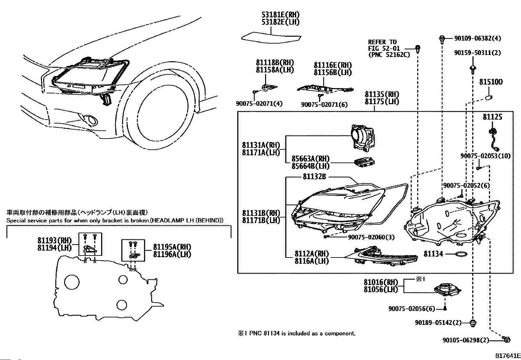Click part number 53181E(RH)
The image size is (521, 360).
tap(280, 15)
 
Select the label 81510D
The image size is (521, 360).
tap(491, 82)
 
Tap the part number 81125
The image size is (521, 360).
tap(493, 117)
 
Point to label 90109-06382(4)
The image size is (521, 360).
tap(477, 38)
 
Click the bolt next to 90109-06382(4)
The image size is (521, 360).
tap(442, 40)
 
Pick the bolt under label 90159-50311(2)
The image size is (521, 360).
tap(473, 69)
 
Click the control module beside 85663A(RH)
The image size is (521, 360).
tap(364, 162)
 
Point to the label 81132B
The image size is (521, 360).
tap(314, 177)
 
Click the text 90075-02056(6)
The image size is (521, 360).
tap(412, 309)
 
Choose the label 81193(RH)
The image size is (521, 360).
tap(55, 240)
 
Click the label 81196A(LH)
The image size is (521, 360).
tap(172, 254)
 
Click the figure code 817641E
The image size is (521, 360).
tap(508, 356)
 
